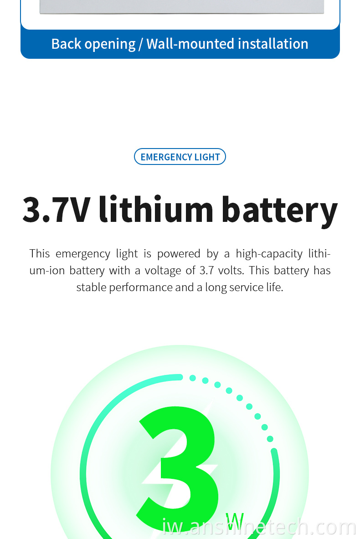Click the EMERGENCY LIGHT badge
click(x=180, y=157)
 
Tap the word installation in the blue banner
click(x=273, y=44)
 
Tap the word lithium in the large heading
click(x=156, y=208)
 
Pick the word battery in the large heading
click(x=279, y=210)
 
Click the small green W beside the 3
click(x=235, y=521)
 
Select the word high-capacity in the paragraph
click(x=269, y=254)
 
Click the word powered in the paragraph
click(x=179, y=254)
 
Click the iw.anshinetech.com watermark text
click(x=258, y=527)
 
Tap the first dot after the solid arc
click(x=193, y=378)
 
